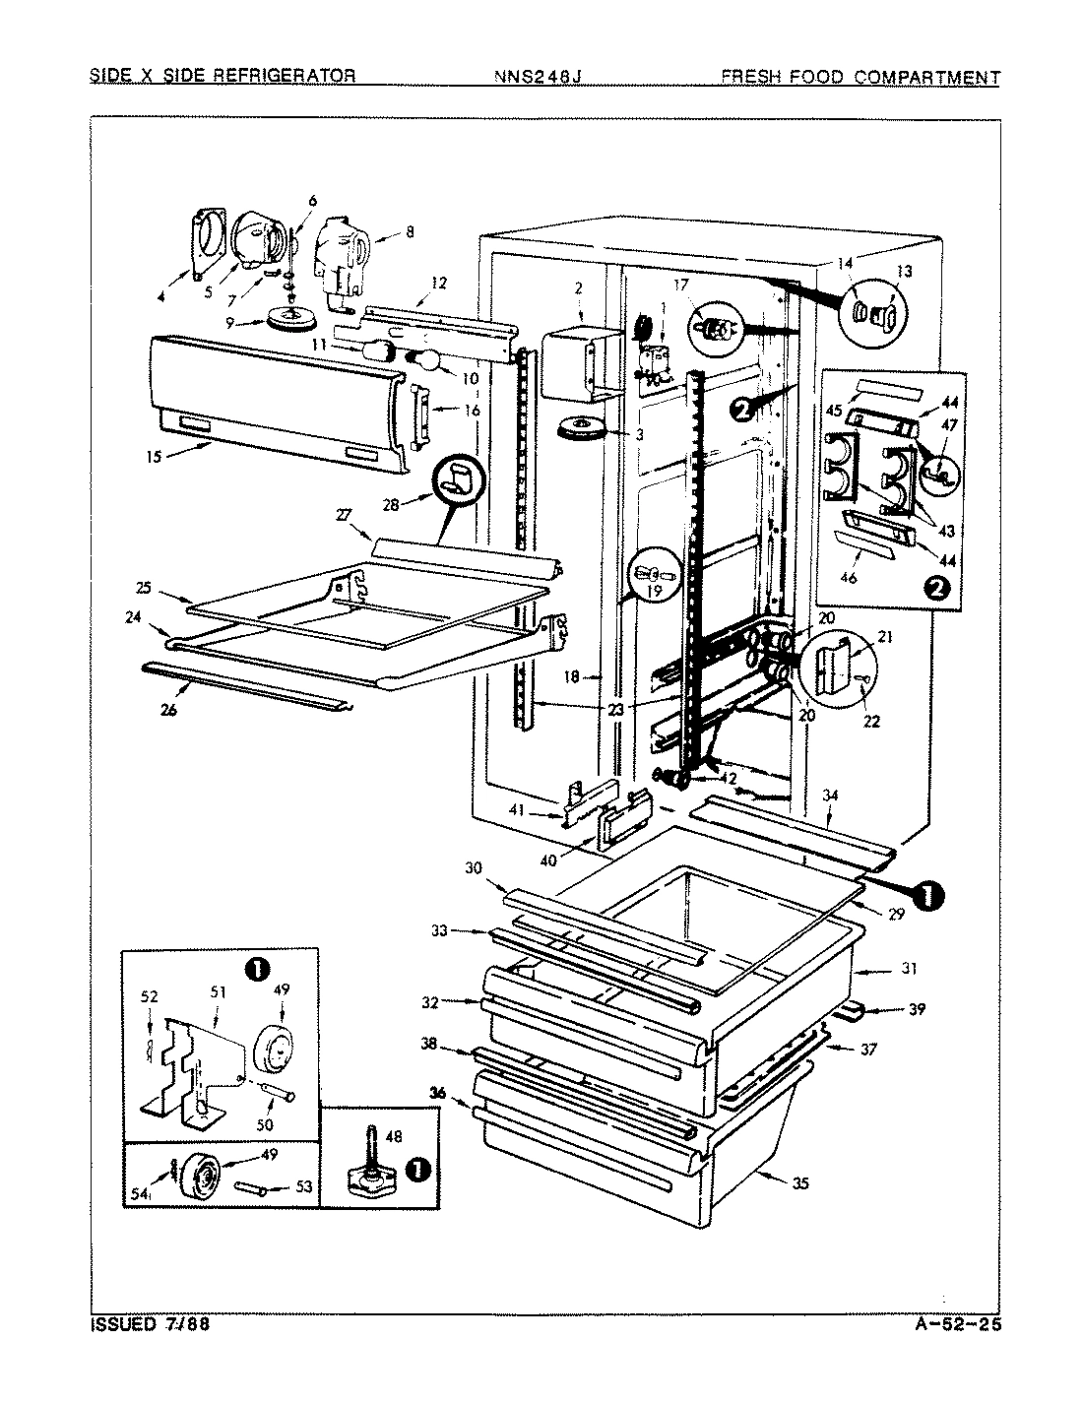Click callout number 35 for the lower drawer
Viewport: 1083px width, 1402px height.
[799, 1183]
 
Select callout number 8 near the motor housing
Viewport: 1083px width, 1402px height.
[409, 232]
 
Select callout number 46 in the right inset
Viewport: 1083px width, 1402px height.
[848, 578]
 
